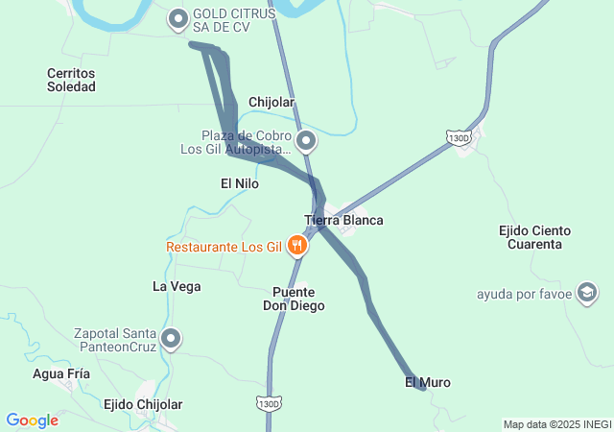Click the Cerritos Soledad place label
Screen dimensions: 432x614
pyautogui.click(x=72, y=80)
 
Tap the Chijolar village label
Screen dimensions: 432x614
pyautogui.click(x=271, y=102)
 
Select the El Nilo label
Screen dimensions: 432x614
pyautogui.click(x=240, y=182)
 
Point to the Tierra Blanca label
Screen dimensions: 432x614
pyautogui.click(x=343, y=220)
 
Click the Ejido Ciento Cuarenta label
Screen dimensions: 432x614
pyautogui.click(x=535, y=237)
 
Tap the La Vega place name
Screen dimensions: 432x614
pyautogui.click(x=177, y=286)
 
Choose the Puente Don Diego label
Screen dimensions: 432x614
pyautogui.click(x=295, y=299)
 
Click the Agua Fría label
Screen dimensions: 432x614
pyautogui.click(x=61, y=373)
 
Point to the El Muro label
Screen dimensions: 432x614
pyautogui.click(x=428, y=382)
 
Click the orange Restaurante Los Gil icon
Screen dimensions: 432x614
pyautogui.click(x=297, y=247)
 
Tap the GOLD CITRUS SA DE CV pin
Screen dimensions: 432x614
pyautogui.click(x=178, y=18)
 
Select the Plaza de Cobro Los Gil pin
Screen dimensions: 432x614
pyautogui.click(x=307, y=142)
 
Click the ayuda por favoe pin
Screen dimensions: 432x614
pyautogui.click(x=587, y=292)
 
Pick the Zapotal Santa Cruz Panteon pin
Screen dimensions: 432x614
pyautogui.click(x=171, y=338)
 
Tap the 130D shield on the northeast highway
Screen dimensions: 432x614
pyautogui.click(x=460, y=138)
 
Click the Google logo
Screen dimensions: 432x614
pyautogui.click(x=33, y=420)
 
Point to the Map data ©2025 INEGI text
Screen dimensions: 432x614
pyautogui.click(x=556, y=424)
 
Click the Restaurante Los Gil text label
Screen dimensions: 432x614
pyautogui.click(x=224, y=247)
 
